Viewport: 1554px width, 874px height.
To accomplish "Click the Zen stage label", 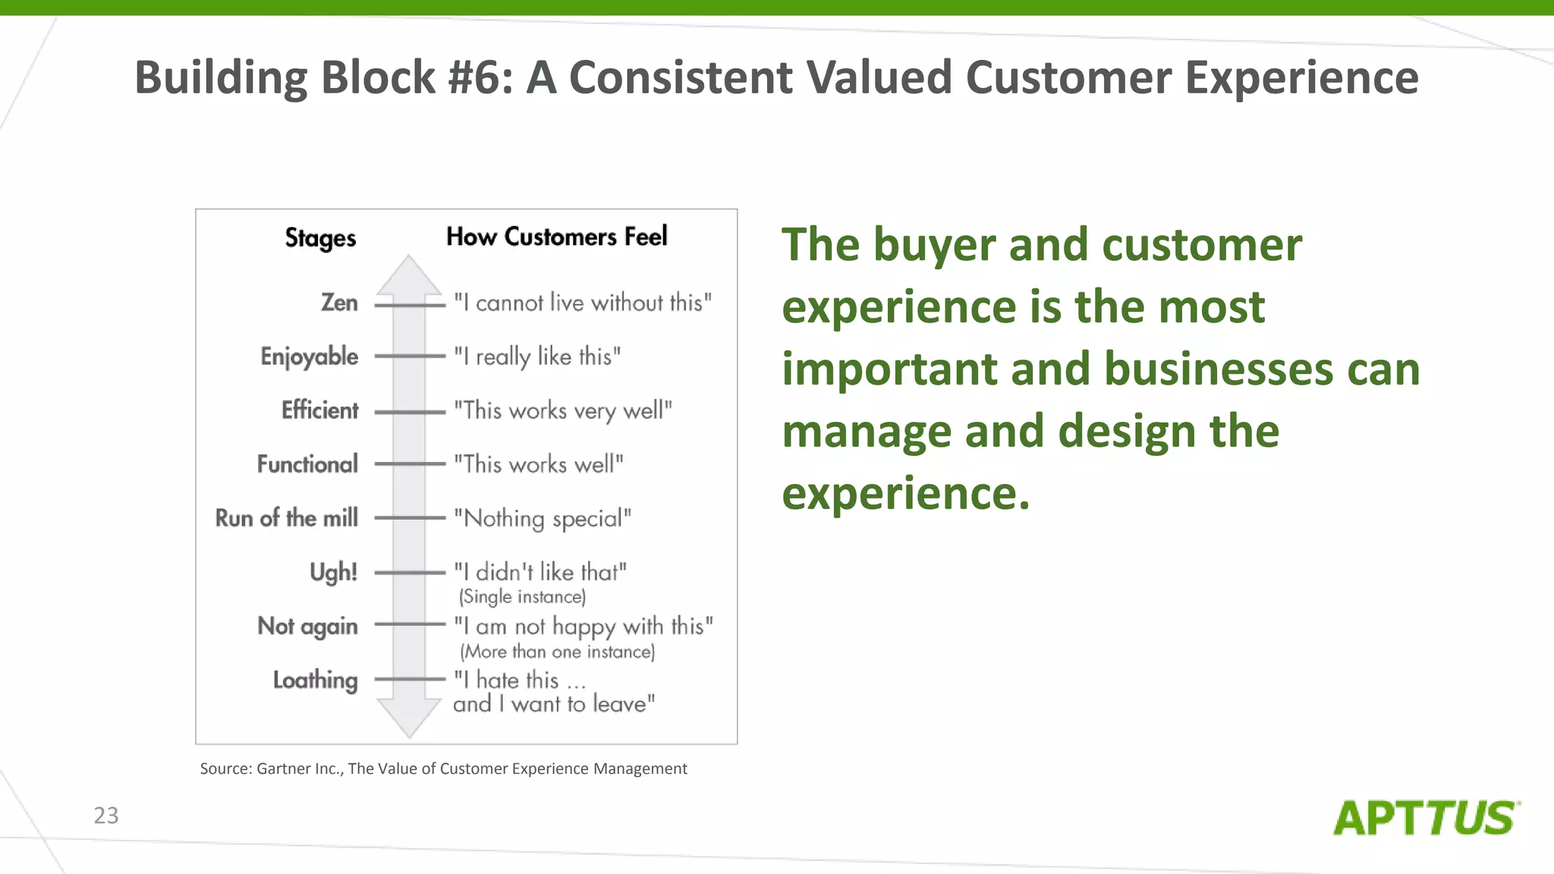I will (339, 303).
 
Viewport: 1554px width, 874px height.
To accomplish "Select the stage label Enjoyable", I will (309, 357).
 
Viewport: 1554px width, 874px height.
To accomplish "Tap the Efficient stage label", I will (319, 410).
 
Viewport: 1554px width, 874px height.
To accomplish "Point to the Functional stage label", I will (307, 464).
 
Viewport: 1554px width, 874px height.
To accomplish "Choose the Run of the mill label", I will (287, 518).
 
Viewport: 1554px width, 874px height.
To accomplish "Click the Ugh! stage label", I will (333, 572).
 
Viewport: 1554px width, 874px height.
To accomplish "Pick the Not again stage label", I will (307, 627).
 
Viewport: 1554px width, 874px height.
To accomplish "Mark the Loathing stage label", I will (315, 681).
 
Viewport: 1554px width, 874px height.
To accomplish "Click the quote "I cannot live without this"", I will (583, 303).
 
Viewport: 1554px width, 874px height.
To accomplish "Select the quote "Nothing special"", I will (543, 519).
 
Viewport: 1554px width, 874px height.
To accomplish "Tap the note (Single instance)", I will (522, 597).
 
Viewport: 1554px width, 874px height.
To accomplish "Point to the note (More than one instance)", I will (557, 652).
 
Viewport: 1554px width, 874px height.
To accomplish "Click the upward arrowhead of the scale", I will (409, 275).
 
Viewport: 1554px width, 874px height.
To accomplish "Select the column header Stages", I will (320, 238).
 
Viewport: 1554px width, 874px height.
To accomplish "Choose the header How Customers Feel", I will (556, 237).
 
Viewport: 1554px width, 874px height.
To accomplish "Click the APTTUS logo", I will (1426, 819).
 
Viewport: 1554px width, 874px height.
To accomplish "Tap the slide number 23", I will (106, 816).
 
